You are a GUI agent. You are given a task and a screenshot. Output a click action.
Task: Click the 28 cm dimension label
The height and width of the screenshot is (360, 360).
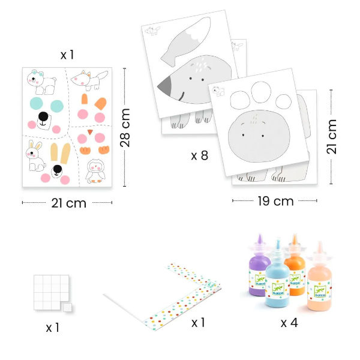(125, 128)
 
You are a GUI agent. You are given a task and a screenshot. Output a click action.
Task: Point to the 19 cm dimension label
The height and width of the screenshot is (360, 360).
(275, 201)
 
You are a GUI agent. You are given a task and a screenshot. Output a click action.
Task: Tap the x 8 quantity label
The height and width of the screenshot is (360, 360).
(200, 155)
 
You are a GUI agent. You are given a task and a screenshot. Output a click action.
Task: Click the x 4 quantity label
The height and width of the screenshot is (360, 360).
(289, 323)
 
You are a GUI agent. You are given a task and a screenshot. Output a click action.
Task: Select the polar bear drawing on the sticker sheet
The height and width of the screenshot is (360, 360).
(41, 82)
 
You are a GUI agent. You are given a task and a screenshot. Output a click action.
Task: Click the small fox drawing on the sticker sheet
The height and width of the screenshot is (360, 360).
(89, 80)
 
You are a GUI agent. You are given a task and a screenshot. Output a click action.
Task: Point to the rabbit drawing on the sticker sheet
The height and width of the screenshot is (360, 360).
(35, 156)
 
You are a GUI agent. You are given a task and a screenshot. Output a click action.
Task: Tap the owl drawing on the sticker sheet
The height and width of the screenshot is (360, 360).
(95, 172)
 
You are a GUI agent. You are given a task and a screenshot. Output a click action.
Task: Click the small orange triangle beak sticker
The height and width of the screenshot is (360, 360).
(90, 132)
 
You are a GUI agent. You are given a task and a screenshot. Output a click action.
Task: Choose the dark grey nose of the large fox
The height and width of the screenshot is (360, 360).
(165, 86)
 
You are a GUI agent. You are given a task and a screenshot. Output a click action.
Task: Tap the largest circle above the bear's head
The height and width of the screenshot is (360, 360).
(261, 92)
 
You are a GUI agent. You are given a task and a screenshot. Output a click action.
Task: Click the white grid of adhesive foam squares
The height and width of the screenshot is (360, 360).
(51, 292)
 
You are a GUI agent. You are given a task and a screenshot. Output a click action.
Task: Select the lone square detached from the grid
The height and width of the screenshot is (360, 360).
(67, 307)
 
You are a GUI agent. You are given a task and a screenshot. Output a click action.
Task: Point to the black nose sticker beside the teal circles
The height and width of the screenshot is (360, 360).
(43, 116)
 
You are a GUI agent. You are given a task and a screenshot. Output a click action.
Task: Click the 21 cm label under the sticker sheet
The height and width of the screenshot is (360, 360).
(68, 203)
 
